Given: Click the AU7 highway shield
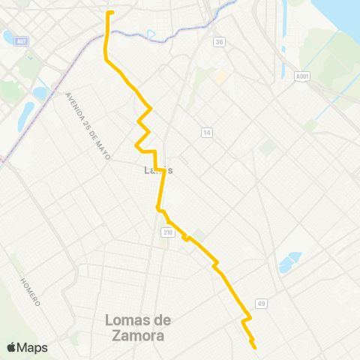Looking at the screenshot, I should (24, 40).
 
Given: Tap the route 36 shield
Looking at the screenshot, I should (219, 42).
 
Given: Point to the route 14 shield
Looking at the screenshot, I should (206, 133).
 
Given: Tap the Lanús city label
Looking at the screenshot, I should (158, 170).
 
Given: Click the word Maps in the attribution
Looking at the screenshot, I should (34, 347).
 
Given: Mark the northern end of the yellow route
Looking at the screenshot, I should (110, 13).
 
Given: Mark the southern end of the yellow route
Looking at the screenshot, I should (255, 347).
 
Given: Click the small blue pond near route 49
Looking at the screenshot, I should (289, 262).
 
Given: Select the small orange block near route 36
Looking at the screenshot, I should (220, 77).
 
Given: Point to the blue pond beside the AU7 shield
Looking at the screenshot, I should (9, 37).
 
